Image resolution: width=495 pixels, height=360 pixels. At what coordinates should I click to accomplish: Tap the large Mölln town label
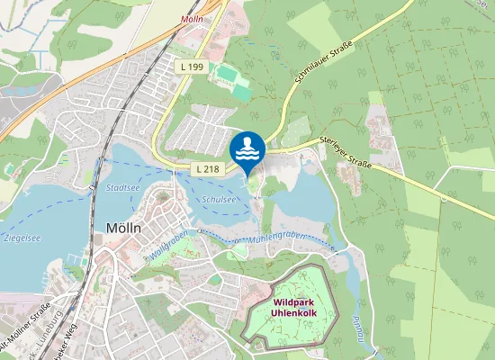point(123,227)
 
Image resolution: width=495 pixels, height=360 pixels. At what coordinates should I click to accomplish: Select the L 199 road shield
point(191,67)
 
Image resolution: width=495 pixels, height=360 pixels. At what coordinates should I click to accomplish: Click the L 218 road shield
point(207,168)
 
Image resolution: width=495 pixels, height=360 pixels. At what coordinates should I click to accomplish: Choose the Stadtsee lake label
point(122,188)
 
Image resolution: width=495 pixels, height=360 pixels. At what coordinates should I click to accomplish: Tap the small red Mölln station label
point(192,19)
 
